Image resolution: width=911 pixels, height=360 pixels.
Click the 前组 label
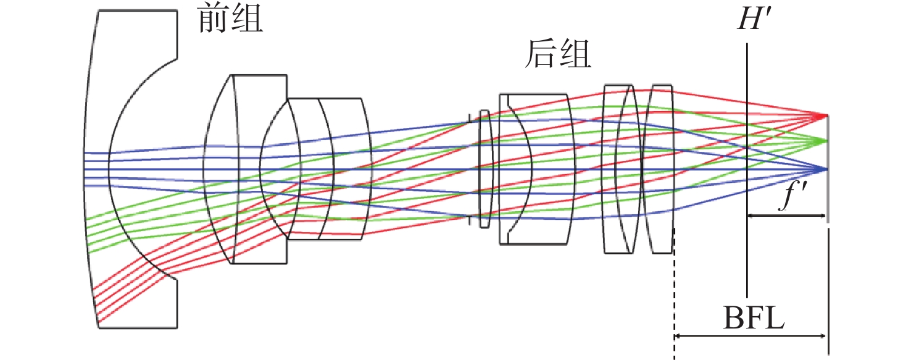[230, 20]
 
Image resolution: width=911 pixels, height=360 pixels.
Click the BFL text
[752, 320]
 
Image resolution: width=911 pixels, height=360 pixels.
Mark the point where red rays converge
[826, 115]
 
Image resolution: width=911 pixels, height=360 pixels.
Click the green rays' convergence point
[826, 140]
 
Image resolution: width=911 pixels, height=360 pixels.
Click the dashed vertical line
[674, 290]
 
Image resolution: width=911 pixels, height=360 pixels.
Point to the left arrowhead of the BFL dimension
[678, 337]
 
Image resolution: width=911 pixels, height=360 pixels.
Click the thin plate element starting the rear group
[485, 168]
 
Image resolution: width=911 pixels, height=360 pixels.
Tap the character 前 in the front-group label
[213, 20]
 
